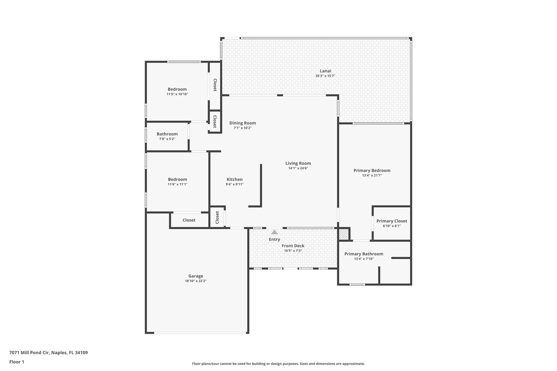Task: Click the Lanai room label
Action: click(325, 71)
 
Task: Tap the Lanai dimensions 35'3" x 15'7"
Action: click(325, 76)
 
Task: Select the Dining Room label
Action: click(243, 123)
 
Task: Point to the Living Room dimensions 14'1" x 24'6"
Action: click(298, 168)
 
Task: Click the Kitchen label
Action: click(235, 179)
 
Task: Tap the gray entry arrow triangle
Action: click(274, 232)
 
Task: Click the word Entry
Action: click(274, 239)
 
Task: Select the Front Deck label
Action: click(293, 246)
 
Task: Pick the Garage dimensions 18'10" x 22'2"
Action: click(196, 281)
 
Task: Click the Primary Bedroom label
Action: click(372, 170)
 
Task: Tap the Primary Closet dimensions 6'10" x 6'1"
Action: click(392, 226)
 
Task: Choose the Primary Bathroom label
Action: click(364, 254)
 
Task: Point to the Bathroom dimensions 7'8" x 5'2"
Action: click(167, 139)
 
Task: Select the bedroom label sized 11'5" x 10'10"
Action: click(177, 89)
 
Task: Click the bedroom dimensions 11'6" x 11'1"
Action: click(178, 184)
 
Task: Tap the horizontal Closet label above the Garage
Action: click(189, 220)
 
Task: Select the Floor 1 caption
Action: click(17, 362)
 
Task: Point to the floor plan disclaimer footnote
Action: click(278, 364)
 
